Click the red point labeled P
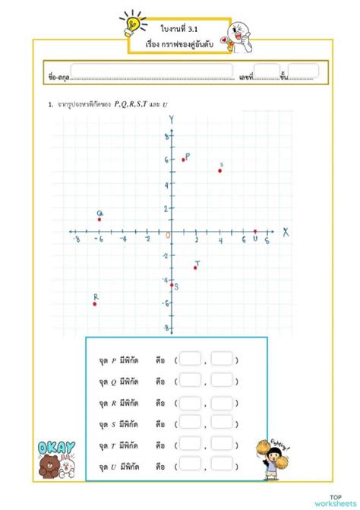point(183,160)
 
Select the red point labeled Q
point(99,220)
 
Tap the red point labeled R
point(95,303)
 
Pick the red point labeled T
point(195,268)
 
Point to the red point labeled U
point(255,231)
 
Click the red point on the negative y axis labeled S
point(172,284)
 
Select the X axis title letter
point(286,232)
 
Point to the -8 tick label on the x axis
point(74,240)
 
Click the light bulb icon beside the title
point(132,23)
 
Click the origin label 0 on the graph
point(167,236)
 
